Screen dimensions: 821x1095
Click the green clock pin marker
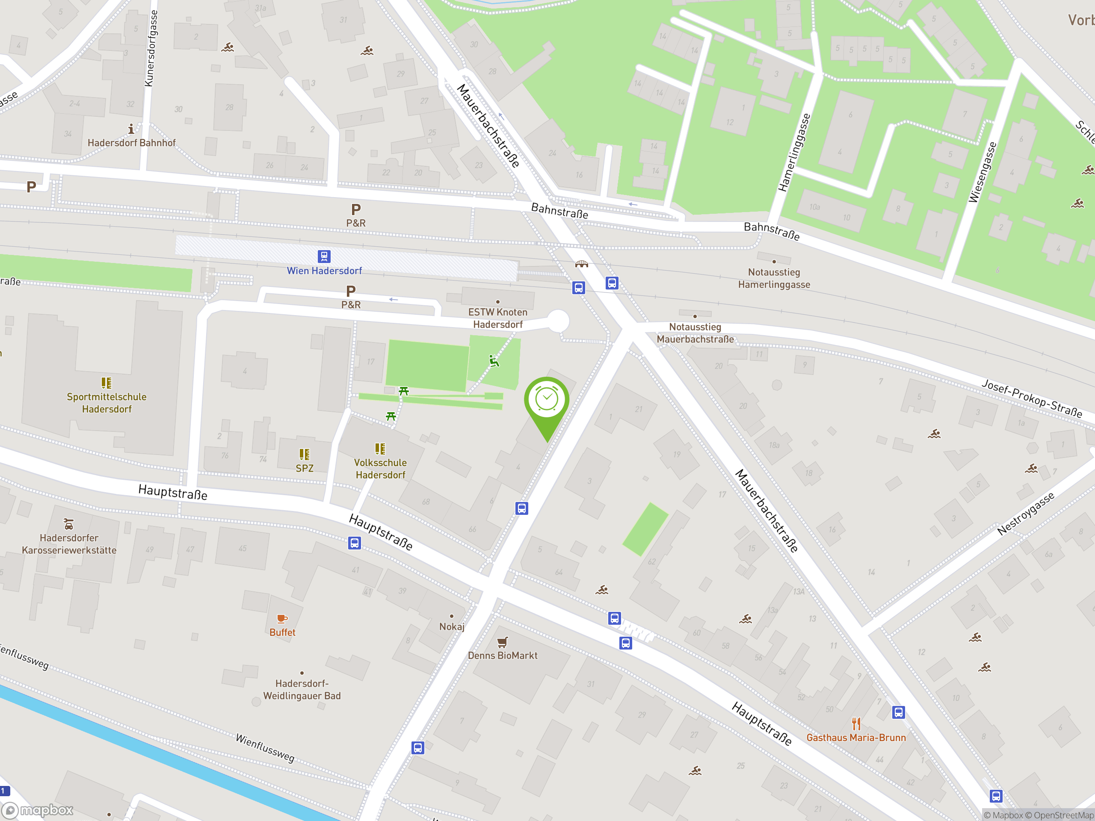coord(547,400)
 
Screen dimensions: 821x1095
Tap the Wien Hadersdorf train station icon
coord(324,256)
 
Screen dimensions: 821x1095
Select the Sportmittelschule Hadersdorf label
coord(107,403)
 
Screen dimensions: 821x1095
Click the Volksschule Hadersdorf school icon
coord(380,449)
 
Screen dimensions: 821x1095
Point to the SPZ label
coord(305,468)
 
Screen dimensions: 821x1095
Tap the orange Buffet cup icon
coord(282,619)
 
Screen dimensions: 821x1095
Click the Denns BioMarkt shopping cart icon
coord(503,642)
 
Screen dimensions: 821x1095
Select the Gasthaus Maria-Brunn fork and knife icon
coord(856,724)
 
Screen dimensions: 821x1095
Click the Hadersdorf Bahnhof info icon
coord(131,129)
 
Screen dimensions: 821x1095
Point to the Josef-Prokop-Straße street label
coord(1032,399)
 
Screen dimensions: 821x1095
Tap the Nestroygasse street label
coord(1025,514)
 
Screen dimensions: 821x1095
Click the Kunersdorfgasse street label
coord(151,48)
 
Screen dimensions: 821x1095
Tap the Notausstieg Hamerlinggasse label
coord(774,278)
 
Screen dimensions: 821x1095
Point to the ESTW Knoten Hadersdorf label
coord(497,318)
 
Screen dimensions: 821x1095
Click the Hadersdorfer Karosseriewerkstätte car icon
coord(69,523)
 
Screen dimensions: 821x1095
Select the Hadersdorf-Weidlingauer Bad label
coord(302,689)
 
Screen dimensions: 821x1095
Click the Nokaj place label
coord(451,626)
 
